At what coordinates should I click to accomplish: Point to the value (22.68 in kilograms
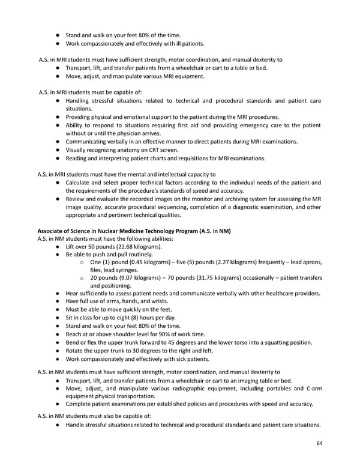pyautogui.click(x=122, y=247)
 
